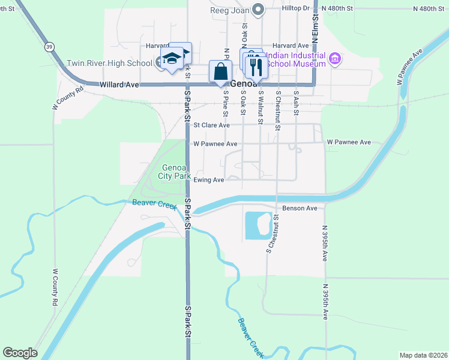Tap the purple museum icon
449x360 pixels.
coord(335,59)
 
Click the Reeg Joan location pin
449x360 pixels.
coord(258,9)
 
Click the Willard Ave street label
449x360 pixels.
coord(119,85)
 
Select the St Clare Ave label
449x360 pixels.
coord(211,125)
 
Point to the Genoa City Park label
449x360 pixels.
coord(174,172)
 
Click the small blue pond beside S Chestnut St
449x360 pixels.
coord(258,225)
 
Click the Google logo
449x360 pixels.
coord(20,353)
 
